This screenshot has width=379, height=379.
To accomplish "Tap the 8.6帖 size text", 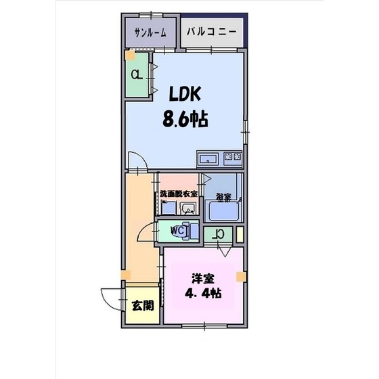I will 184,119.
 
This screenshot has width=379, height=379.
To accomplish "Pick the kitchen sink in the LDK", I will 208,160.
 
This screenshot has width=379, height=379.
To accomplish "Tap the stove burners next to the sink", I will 233,159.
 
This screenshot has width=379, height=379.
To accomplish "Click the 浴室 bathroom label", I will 224,198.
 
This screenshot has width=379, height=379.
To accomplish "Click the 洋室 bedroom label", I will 199,277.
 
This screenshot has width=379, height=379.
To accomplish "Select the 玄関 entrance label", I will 141,305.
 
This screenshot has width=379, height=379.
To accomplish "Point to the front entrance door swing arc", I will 110,298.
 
